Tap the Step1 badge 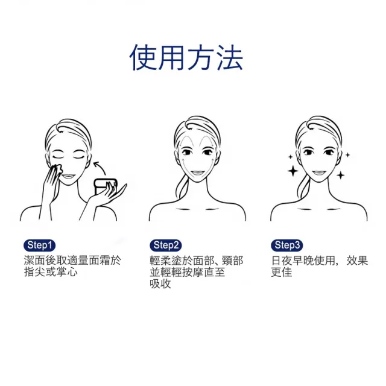tap(41, 245)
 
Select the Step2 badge tap(166, 245)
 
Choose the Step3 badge tap(287, 245)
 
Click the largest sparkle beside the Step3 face tap(293, 171)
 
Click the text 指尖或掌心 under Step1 tap(51, 272)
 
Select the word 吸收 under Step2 tap(160, 283)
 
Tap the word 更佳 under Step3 tap(282, 272)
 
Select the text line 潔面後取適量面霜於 tap(72, 261)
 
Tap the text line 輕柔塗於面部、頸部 tap(197, 261)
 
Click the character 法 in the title tap(229, 58)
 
